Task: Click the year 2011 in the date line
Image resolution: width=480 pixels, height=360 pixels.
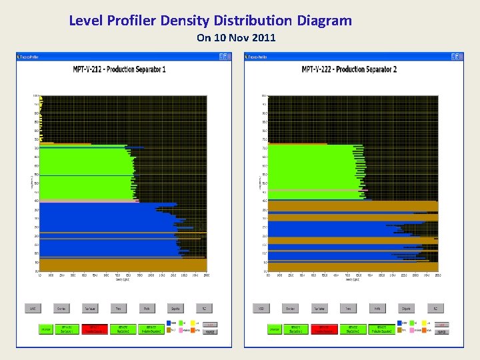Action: tap(264, 38)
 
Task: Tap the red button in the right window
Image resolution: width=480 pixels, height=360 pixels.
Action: tap(323, 329)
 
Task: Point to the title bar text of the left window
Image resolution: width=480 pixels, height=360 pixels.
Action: tap(30, 57)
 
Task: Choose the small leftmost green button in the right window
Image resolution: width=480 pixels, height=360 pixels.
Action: tap(274, 329)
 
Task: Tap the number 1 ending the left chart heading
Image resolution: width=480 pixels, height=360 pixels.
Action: tap(164, 69)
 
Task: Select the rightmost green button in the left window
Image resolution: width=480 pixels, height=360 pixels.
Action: tap(149, 329)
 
